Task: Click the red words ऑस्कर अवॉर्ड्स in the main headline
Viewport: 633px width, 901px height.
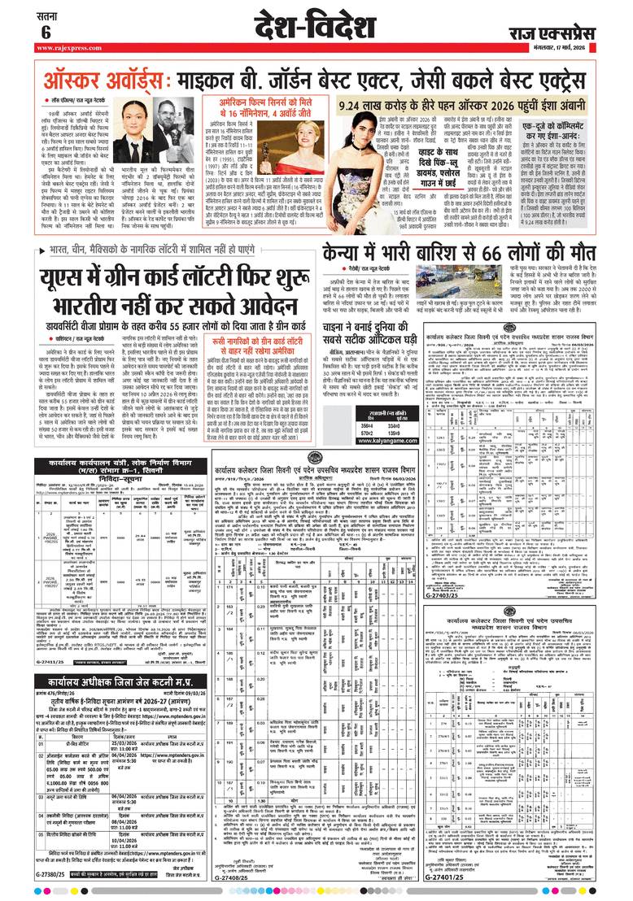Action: [x=103, y=82]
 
